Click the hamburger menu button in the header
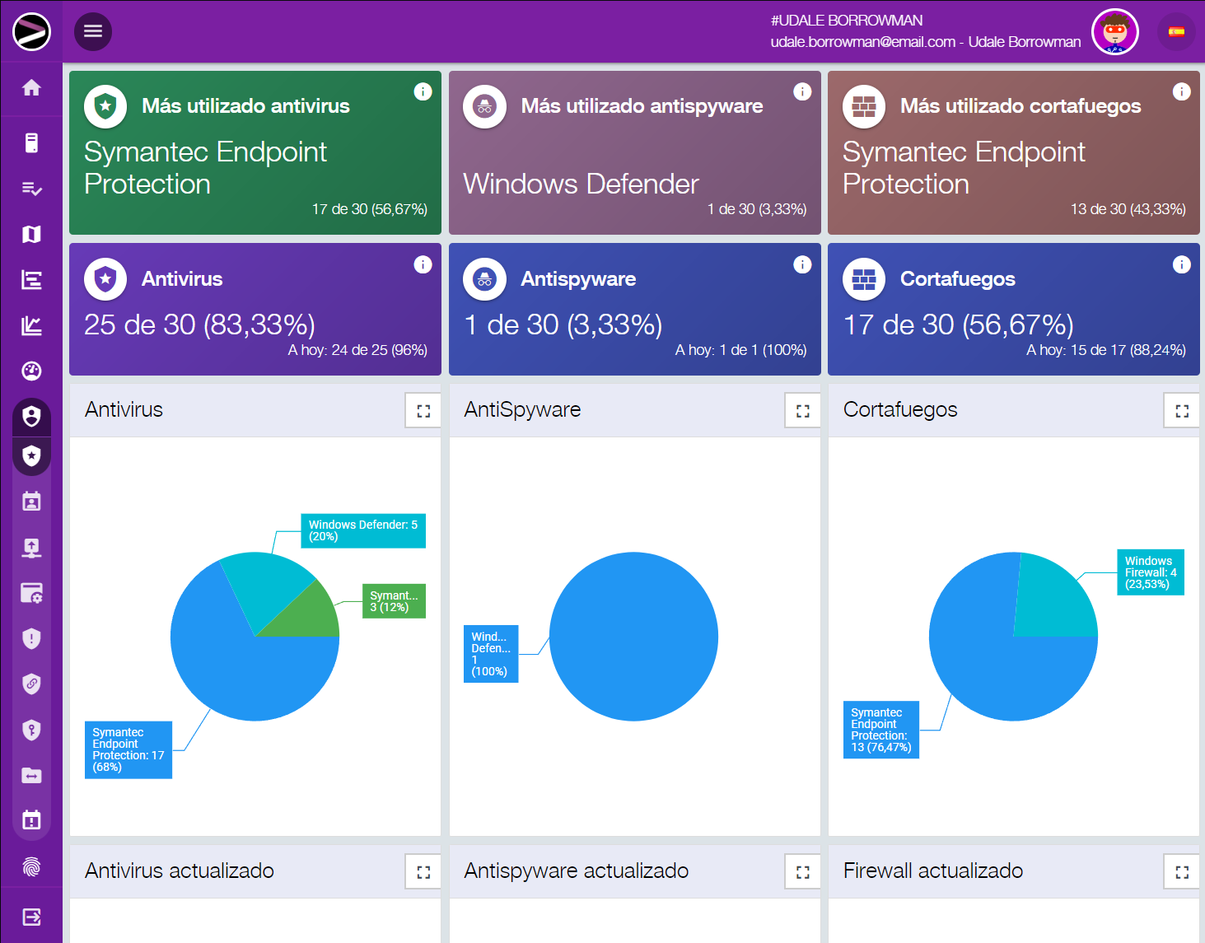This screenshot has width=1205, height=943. (x=93, y=31)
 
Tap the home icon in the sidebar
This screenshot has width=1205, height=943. (x=31, y=88)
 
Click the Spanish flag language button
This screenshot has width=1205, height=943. (x=1176, y=32)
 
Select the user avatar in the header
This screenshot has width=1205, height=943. (x=1114, y=32)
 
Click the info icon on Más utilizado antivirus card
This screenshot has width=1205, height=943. (x=423, y=91)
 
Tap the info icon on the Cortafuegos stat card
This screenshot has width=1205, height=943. (x=1181, y=264)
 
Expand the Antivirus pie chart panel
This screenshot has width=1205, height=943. (x=423, y=411)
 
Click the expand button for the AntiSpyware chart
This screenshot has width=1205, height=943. (x=803, y=411)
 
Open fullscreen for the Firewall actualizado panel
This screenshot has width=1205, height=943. (x=1182, y=872)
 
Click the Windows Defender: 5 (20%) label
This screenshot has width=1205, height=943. (x=362, y=530)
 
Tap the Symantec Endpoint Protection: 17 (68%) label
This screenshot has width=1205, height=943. (x=128, y=749)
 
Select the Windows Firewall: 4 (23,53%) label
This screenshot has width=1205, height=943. (x=1150, y=572)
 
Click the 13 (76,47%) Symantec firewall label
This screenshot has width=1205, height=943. (x=880, y=730)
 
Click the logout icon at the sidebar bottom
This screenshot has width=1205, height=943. (x=31, y=917)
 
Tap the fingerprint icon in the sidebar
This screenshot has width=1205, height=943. (x=31, y=866)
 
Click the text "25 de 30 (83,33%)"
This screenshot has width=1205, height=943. (x=199, y=324)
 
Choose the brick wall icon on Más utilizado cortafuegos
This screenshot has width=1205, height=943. (x=863, y=106)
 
